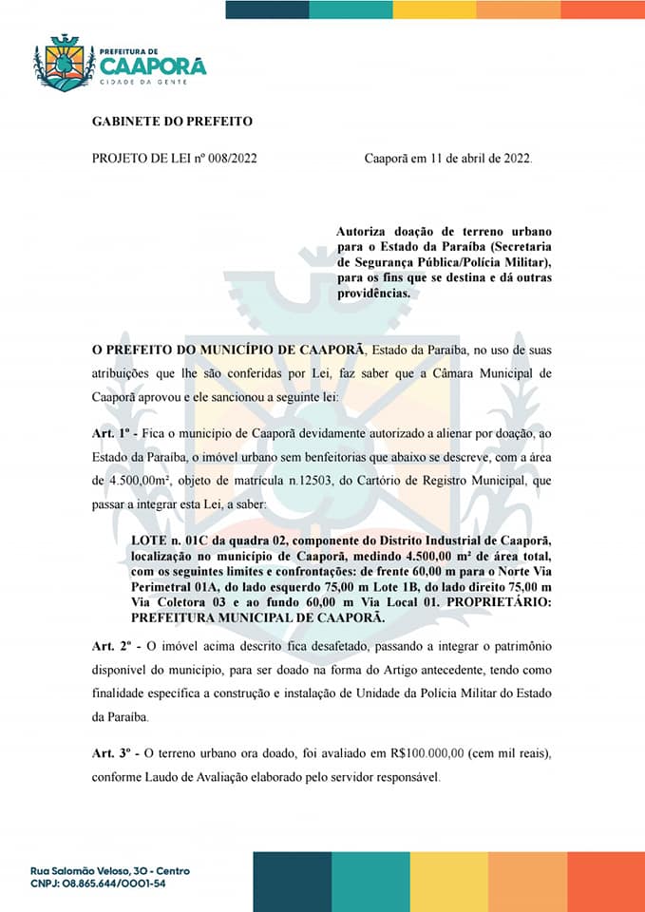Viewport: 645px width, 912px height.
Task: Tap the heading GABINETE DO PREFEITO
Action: point(172,122)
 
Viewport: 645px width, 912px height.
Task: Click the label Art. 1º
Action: point(114,432)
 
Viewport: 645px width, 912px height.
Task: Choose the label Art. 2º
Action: point(114,645)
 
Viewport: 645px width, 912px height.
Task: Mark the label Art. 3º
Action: point(114,752)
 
